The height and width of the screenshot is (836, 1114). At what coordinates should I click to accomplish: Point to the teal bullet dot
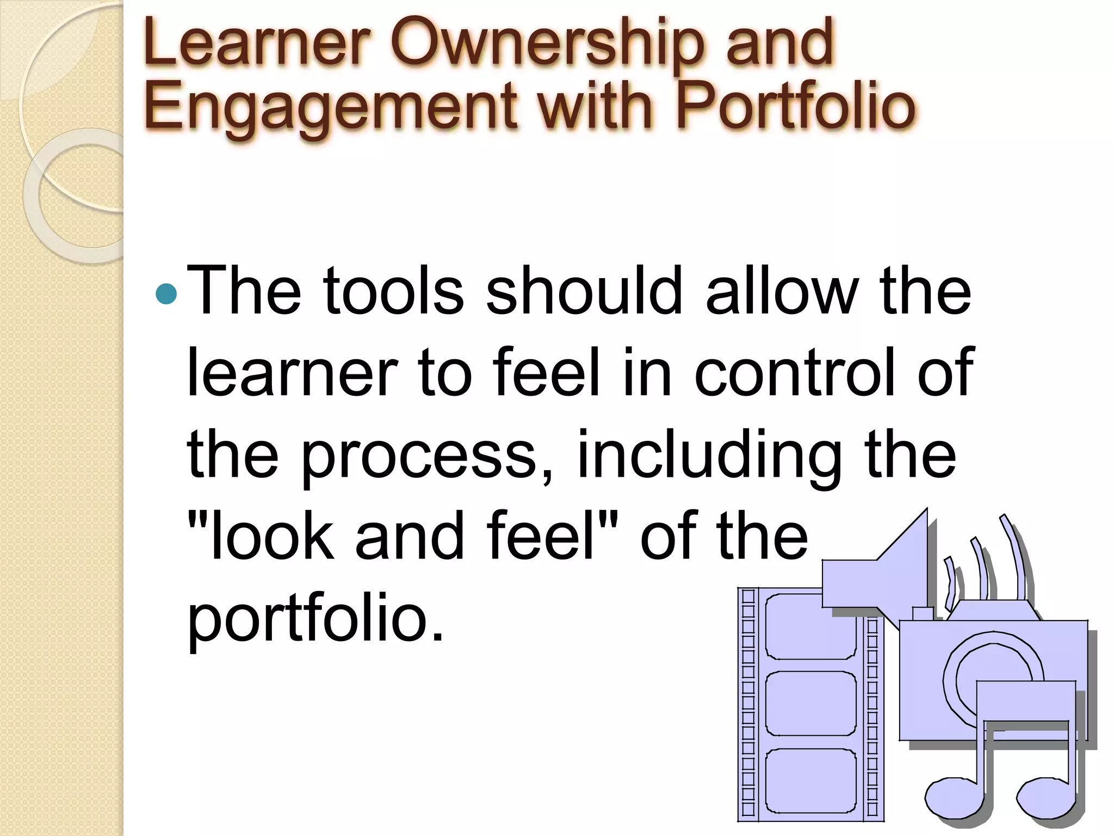coord(166,294)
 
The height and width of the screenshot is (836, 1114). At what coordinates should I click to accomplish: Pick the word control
coord(795,373)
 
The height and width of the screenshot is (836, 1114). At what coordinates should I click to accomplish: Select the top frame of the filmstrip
coord(810,626)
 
